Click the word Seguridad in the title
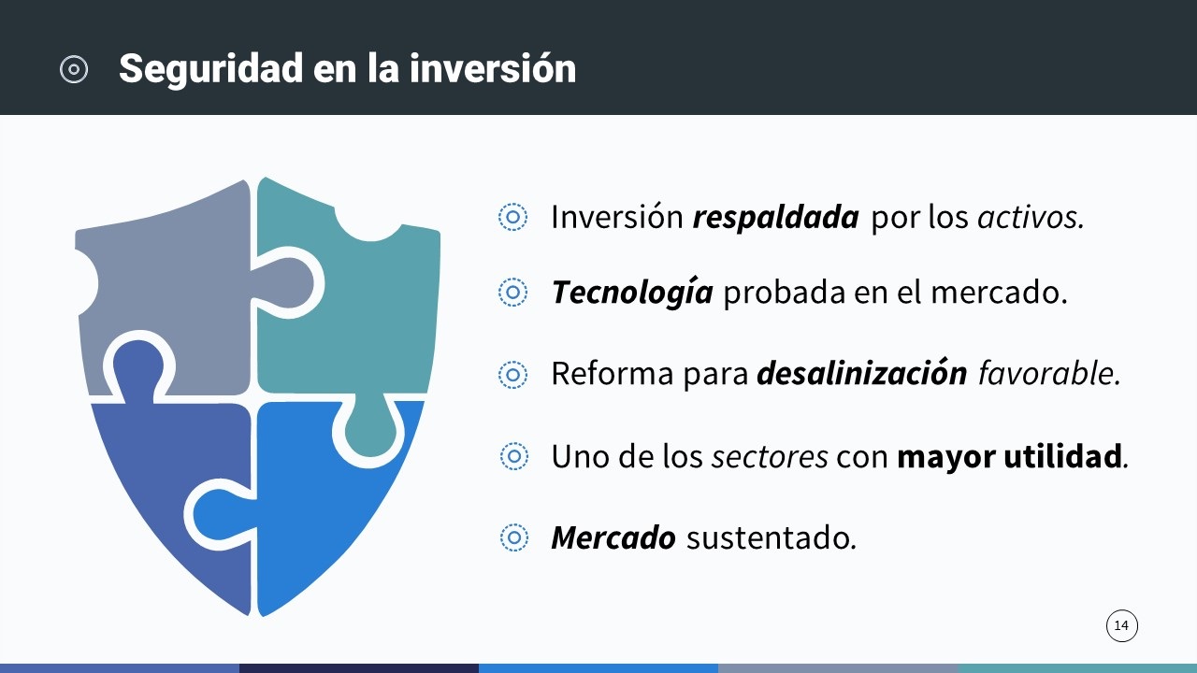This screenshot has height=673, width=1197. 211,70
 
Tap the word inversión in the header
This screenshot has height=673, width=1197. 493,68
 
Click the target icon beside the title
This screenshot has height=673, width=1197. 74,69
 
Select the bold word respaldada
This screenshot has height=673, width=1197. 775,219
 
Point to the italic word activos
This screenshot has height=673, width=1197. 1031,217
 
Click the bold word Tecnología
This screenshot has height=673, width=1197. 632,294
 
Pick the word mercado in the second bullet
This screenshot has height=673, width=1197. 999,293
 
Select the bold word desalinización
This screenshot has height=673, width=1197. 862,373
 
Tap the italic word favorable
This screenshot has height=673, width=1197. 1049,373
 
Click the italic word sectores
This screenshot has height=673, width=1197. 770,457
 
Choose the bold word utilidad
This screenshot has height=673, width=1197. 1063,456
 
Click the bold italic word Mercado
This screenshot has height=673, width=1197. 613,537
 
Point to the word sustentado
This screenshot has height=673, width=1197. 772,537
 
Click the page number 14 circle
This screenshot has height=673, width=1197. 1121,625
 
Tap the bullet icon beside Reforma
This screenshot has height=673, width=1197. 513,374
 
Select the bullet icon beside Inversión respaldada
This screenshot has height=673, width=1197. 513,217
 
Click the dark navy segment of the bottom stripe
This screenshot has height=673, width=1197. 359,668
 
